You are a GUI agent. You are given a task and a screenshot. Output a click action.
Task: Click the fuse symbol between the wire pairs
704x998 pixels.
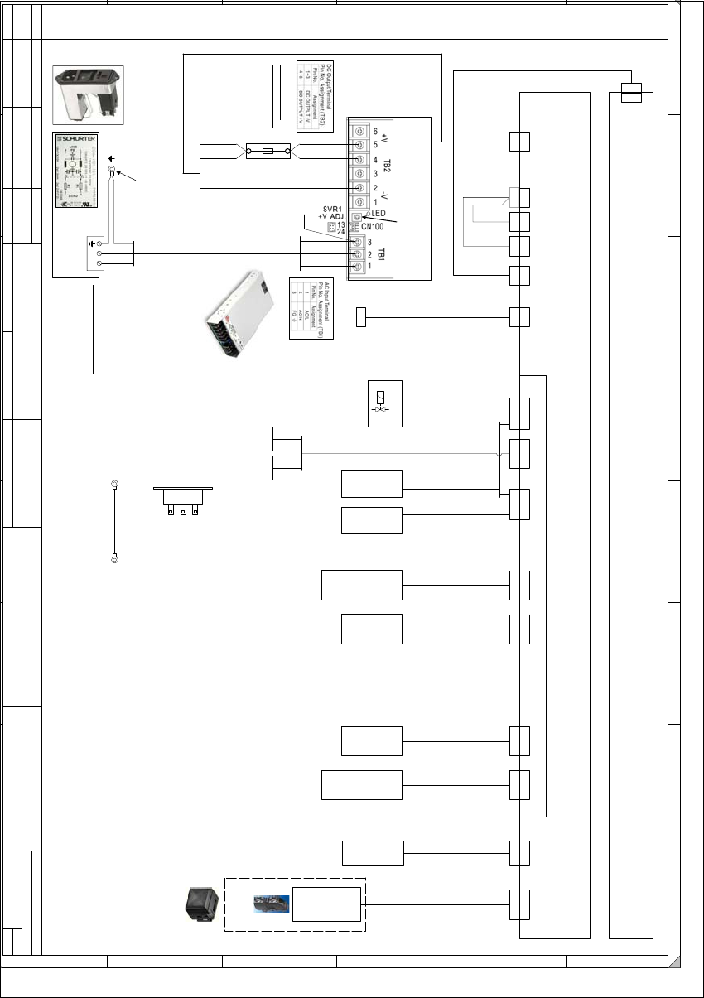(x=268, y=152)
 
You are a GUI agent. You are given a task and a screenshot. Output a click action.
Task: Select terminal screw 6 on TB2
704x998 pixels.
(x=359, y=131)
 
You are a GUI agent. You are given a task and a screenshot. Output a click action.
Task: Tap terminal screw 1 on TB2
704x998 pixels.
(x=359, y=202)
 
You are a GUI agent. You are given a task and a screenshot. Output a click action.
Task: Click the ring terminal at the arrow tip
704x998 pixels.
(x=112, y=172)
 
